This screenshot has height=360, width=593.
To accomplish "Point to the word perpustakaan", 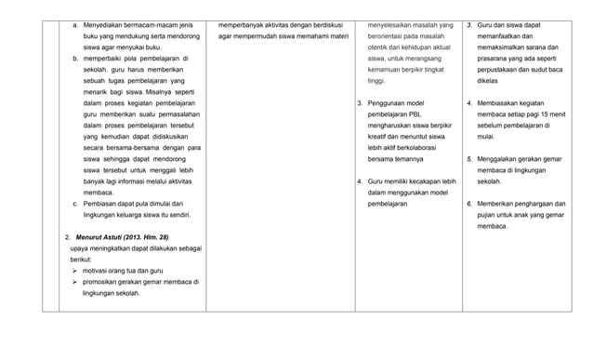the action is point(500,70).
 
